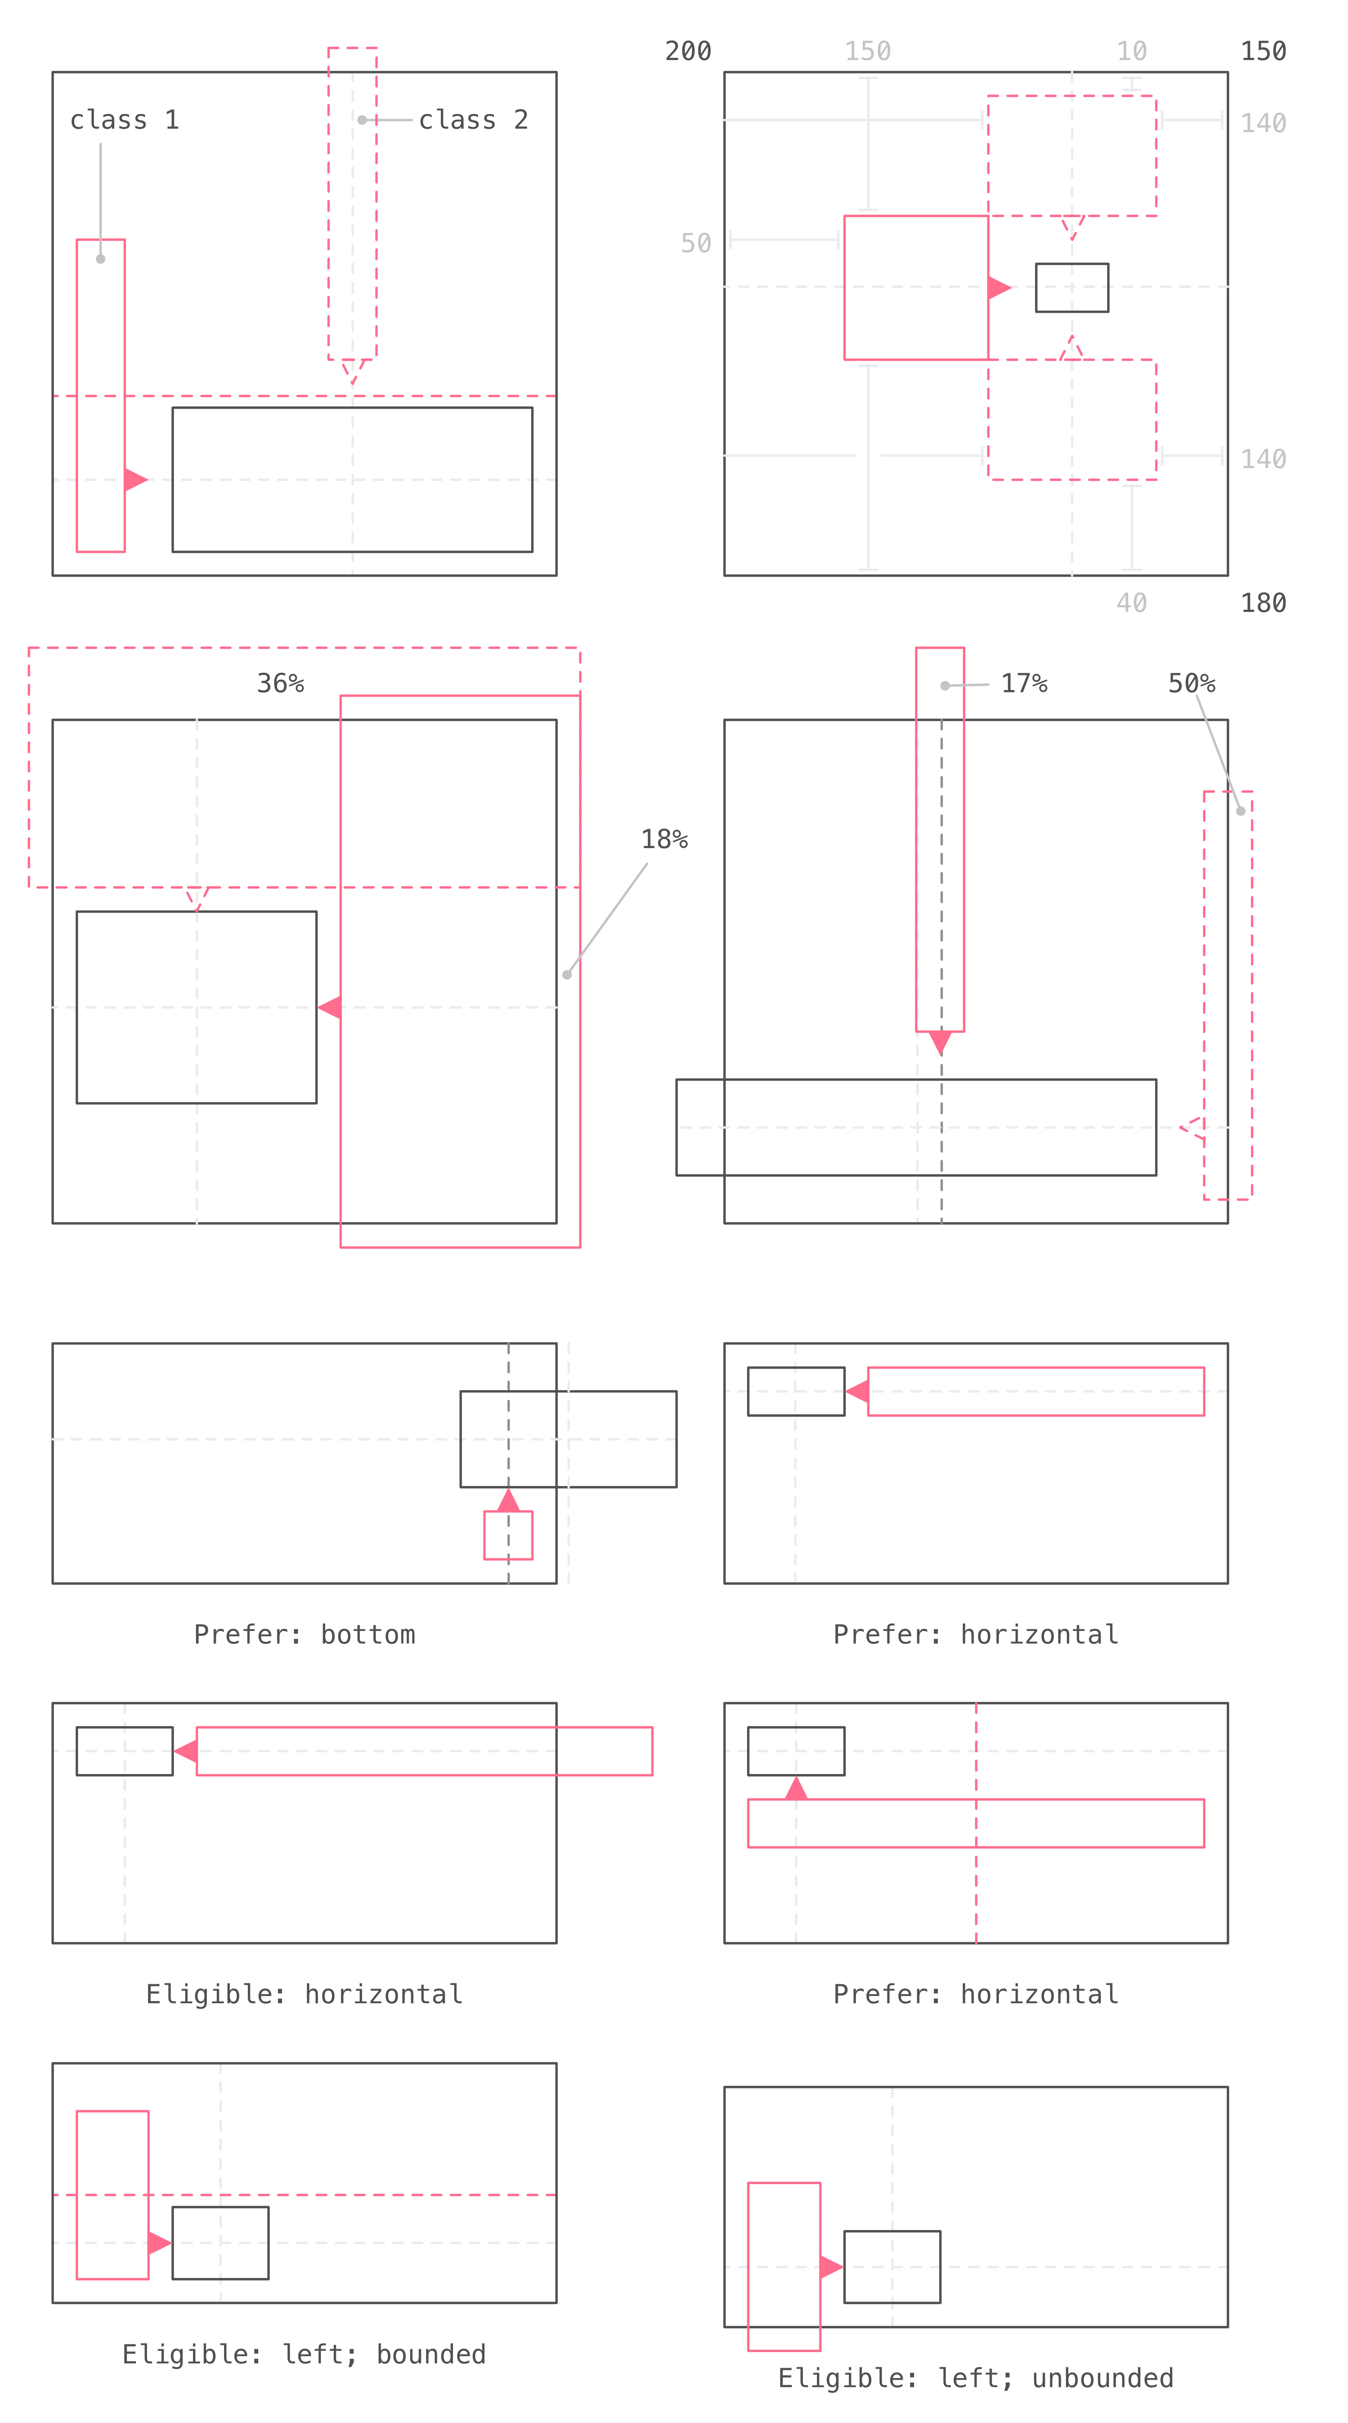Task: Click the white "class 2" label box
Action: [x=472, y=120]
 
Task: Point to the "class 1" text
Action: [x=124, y=120]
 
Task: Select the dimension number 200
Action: [x=688, y=51]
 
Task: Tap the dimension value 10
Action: [x=1132, y=51]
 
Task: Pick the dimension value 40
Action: [x=1132, y=603]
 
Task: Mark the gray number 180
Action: [x=1263, y=603]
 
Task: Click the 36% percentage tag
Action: [x=280, y=683]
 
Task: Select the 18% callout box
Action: [x=664, y=839]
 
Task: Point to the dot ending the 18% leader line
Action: [x=567, y=975]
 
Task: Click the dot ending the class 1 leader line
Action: [x=101, y=259]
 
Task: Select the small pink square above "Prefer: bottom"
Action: [x=508, y=1535]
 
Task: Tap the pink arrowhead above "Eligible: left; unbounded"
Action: [x=831, y=2267]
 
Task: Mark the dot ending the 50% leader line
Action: [x=1241, y=811]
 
